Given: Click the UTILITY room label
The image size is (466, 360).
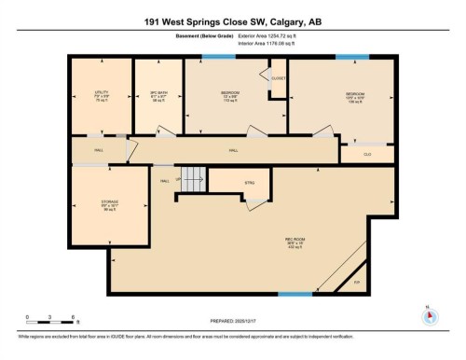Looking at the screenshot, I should pos(102,93).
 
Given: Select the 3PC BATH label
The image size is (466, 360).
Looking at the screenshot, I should pos(158,93).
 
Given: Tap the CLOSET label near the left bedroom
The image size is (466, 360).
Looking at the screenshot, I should pos(278,78).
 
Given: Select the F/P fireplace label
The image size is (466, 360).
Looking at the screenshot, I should pos(354,282).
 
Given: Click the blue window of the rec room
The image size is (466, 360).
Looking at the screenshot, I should pos(295,295).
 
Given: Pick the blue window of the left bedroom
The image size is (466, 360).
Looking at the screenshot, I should pos(217,58).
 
